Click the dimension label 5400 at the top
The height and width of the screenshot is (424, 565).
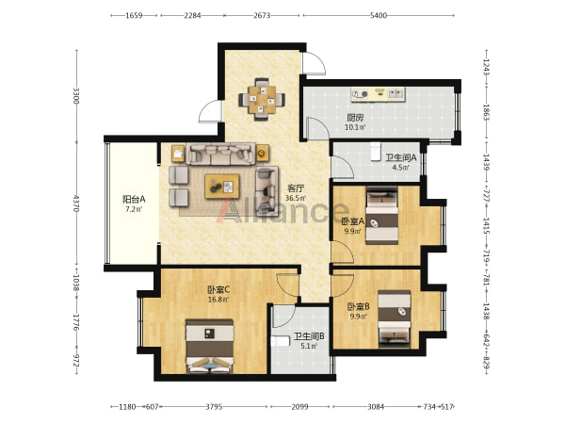pos(379,15)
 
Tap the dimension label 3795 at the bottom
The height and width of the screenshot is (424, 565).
pos(214,407)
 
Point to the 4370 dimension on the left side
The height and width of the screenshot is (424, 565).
pos(76,204)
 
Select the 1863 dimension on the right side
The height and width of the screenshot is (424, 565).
pos(486,112)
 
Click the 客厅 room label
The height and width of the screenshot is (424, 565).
pos(296,188)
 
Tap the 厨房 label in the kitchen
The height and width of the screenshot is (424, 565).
pos(355,118)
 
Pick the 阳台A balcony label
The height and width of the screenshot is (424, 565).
pos(134,200)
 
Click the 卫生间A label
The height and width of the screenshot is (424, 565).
pos(401,157)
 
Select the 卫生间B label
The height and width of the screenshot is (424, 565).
pos(309,336)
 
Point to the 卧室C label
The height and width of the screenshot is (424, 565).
pos(218,289)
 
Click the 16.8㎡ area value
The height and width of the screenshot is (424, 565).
pos(218,300)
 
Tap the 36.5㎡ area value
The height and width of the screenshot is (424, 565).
pos(296,198)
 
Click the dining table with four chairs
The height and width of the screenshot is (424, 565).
pos(262,99)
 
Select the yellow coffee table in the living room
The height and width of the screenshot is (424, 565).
pos(222,186)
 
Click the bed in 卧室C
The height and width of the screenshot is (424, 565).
pos(209,346)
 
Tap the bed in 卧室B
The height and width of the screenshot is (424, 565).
pos(395,319)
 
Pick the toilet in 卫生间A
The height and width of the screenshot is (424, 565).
pos(376,152)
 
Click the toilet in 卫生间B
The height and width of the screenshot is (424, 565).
pos(281,341)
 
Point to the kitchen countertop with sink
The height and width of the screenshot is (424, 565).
pos(378,94)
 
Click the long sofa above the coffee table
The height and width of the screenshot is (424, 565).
pos(220,154)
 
